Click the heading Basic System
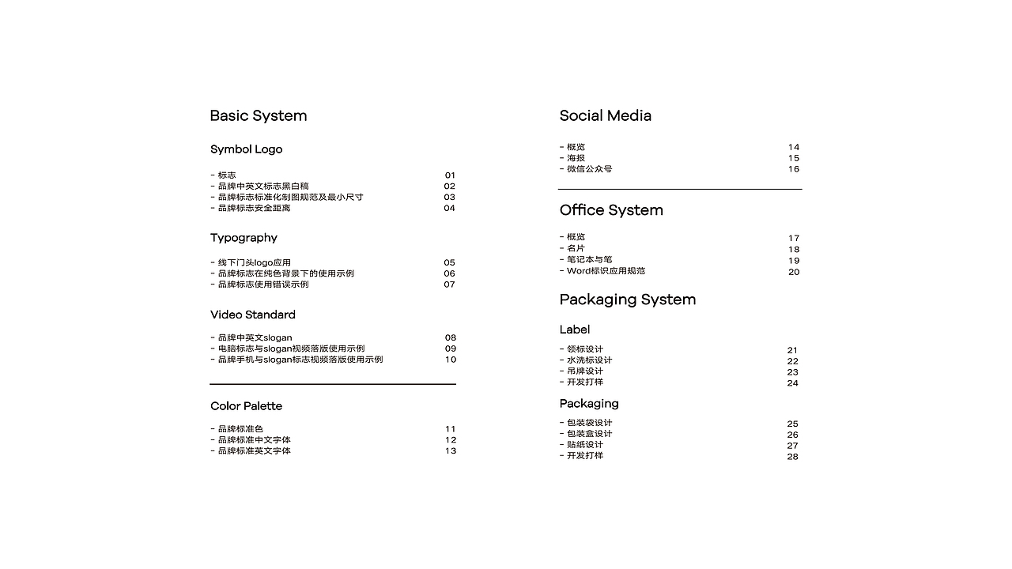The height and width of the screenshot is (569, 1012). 258,116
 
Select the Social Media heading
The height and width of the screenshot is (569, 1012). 605,116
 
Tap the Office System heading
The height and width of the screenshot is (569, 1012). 611,210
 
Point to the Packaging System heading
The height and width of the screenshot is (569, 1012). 627,300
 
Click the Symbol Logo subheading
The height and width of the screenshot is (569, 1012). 246,149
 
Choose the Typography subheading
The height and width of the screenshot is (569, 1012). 244,238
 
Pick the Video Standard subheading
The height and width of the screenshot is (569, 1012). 252,315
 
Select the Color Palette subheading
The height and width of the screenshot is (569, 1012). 246,406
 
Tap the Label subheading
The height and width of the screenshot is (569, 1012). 574,330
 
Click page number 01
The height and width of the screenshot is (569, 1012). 450,175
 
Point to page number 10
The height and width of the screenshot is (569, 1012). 450,360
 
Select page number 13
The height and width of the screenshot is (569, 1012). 450,451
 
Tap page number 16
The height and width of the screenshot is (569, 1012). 793,169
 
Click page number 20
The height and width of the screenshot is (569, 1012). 793,272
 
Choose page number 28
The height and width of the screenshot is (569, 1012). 792,457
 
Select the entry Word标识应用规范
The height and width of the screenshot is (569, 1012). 605,271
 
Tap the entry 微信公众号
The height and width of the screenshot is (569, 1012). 588,169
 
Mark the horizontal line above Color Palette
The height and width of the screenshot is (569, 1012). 332,384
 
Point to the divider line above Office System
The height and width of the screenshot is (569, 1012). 679,190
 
